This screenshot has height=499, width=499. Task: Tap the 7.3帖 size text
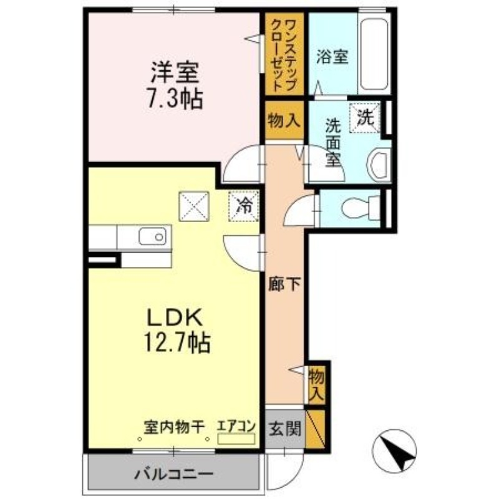tap(174, 98)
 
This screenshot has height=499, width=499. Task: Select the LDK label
tap(174, 318)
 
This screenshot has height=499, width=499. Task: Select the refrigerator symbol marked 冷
tap(245, 205)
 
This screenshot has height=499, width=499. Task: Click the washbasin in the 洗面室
tap(378, 164)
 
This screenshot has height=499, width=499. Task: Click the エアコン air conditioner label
tap(236, 427)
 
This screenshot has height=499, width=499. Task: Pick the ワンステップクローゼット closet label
tap(284, 55)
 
